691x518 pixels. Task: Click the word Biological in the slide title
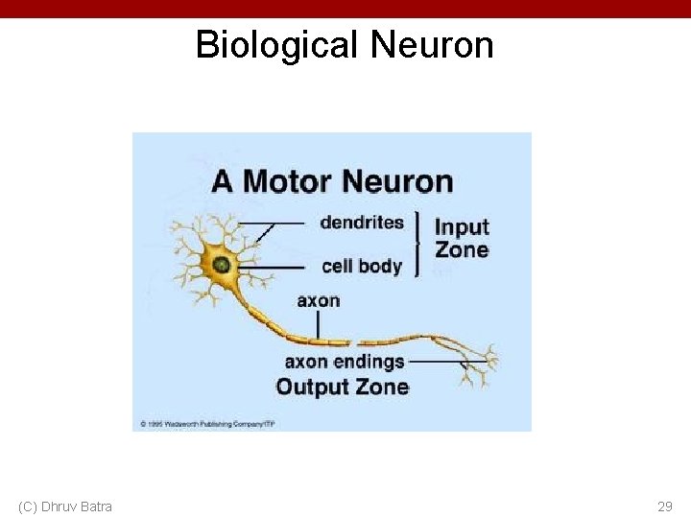[278, 45]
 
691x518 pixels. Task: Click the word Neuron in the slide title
[431, 45]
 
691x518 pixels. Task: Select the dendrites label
[362, 223]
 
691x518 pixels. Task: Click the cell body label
[361, 266]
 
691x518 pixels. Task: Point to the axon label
[318, 300]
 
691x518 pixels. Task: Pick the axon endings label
[345, 362]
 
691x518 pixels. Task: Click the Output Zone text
[342, 387]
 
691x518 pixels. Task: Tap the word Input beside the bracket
[462, 227]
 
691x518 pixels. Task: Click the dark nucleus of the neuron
[222, 264]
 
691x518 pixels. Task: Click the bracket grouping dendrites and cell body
[417, 244]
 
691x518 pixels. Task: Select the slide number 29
[664, 506]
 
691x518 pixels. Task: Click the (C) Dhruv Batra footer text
[65, 506]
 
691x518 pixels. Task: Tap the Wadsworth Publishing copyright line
[217, 422]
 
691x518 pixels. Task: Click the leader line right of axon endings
[437, 362]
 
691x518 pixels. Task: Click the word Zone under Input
[462, 250]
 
